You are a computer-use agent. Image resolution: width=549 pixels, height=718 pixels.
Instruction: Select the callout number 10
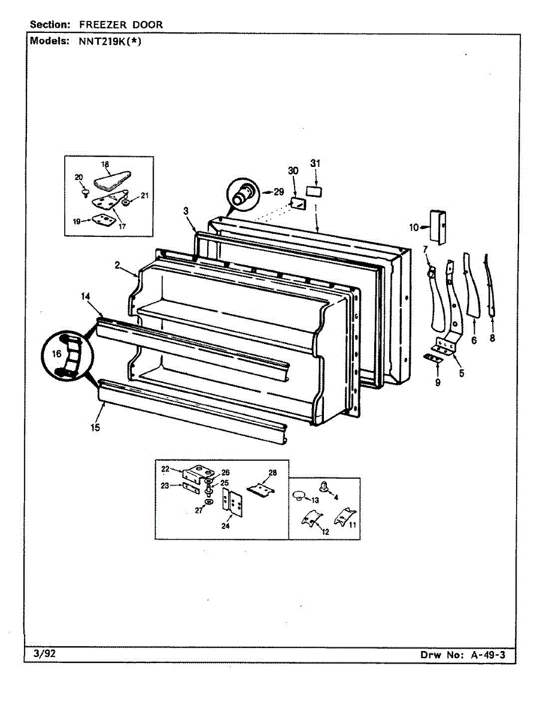pos(413,227)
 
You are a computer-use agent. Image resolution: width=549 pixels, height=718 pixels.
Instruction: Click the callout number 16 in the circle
pos(56,354)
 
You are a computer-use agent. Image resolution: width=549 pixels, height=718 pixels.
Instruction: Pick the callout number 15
pos(96,427)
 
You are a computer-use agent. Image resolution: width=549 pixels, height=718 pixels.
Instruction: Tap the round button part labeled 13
pos(299,495)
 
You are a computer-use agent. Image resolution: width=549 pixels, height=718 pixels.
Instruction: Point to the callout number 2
pos(118,264)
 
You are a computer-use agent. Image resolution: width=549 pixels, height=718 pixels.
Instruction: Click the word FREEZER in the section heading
pos(94,25)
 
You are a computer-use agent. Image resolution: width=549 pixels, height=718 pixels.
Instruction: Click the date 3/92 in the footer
pos(41,654)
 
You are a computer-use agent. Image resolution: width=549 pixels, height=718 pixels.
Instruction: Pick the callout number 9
pos(437,382)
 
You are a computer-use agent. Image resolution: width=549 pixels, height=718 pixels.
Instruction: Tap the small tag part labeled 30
pos(296,203)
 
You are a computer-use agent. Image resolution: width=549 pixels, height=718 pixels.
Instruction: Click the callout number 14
pos(86,296)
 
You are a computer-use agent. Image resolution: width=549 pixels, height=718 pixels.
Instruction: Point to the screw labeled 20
pos(86,192)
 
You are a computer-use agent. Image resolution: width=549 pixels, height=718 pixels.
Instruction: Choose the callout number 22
pos(166,468)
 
